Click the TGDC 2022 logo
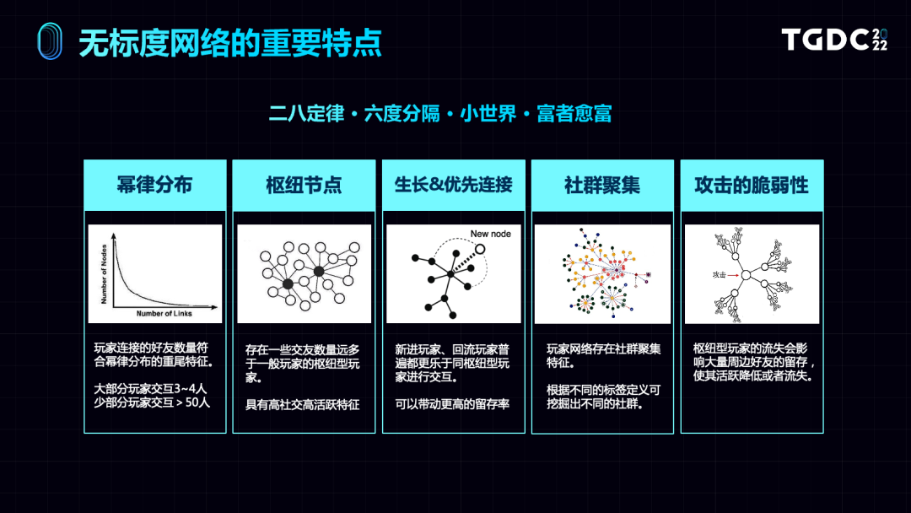(833, 40)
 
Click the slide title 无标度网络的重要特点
(230, 42)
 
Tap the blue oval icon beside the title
(50, 41)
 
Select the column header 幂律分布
(154, 186)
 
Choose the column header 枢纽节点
(304, 186)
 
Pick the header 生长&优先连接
(453, 185)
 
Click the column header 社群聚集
(602, 186)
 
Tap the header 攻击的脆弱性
(752, 186)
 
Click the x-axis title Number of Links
(164, 313)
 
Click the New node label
(490, 234)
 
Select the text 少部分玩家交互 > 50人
(152, 402)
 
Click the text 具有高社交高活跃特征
(302, 404)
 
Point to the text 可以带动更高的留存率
(451, 402)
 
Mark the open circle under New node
(480, 250)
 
